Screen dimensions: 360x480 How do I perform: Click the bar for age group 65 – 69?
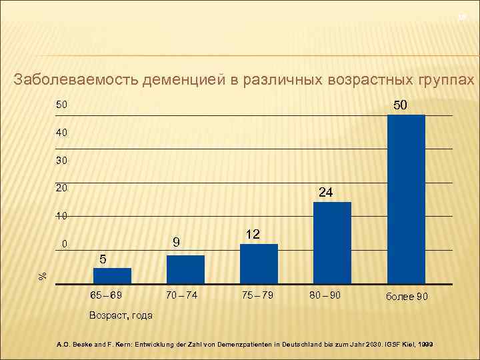[112, 276]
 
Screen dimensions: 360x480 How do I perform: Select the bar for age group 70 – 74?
[185, 270]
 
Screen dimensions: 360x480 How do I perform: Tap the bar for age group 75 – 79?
[259, 265]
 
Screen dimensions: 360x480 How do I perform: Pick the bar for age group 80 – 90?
[332, 243]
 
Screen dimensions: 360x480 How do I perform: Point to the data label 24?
[326, 193]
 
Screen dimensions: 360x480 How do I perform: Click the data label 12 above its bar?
[253, 235]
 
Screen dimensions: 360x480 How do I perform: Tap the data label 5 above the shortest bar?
[103, 259]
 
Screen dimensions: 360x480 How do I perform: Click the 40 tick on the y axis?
[61, 133]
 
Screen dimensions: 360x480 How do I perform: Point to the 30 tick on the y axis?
[61, 161]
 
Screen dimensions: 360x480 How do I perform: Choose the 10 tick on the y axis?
[61, 217]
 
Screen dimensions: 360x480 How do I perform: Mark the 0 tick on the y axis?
[65, 245]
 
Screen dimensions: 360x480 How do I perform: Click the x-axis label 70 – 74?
[182, 295]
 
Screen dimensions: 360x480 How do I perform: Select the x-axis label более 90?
[407, 296]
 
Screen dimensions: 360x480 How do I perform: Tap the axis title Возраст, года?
[120, 315]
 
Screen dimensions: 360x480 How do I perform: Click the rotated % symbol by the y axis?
[42, 274]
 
